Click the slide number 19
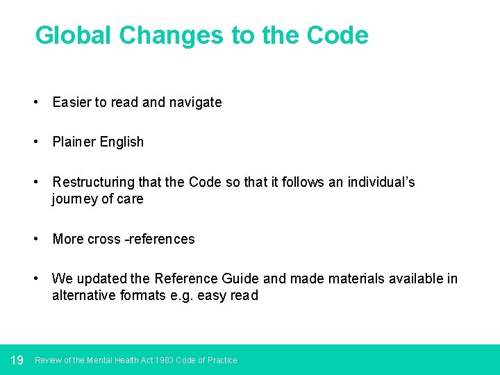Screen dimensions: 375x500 (17, 360)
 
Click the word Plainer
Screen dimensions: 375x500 (74, 142)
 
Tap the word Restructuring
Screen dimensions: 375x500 (93, 183)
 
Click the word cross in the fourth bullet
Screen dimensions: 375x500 (104, 240)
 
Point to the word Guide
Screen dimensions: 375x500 (240, 279)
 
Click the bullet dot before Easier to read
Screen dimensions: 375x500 (35, 103)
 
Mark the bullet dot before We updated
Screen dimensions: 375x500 (35, 279)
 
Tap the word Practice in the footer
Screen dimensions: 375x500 (222, 360)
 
